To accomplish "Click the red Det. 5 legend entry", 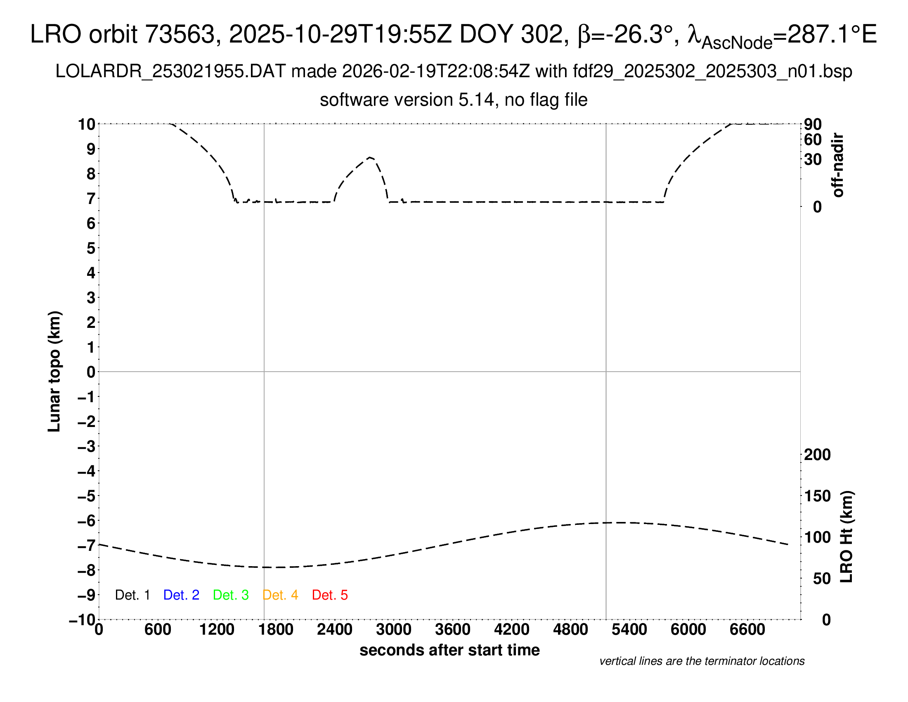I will [x=330, y=595].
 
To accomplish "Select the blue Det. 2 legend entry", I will [x=181, y=595].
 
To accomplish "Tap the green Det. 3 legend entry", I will [x=231, y=595].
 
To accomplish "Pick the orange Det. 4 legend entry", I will [x=280, y=595].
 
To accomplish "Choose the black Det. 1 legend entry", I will [x=132, y=595].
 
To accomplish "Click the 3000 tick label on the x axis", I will [x=394, y=629].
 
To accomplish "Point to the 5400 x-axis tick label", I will [x=629, y=629].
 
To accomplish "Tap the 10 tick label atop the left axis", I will [x=87, y=124].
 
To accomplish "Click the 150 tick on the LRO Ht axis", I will [x=817, y=496].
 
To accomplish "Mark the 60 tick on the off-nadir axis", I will [x=813, y=140].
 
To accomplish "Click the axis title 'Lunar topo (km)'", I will [x=54, y=371].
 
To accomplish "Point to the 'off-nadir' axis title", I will [x=838, y=165].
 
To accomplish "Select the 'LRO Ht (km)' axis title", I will [x=847, y=536].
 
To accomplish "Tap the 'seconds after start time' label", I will [x=449, y=650].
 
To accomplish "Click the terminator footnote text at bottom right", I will [x=702, y=661].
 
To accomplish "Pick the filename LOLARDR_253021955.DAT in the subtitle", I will [x=170, y=71].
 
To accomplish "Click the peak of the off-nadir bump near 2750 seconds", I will [x=371, y=157].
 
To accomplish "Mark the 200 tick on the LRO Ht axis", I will [x=817, y=455].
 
